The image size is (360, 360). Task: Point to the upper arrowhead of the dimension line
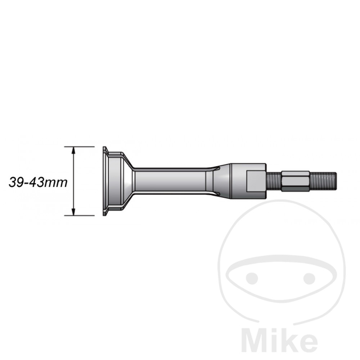[x=73, y=150]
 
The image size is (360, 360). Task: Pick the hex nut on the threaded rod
[x=295, y=181]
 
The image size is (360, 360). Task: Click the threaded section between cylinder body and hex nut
[x=274, y=181]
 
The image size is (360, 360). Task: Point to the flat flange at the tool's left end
[x=105, y=181]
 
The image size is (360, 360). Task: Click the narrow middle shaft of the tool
[x=169, y=181]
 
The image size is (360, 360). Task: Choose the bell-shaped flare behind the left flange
[x=121, y=181]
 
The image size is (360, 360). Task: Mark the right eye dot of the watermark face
[x=309, y=278]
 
